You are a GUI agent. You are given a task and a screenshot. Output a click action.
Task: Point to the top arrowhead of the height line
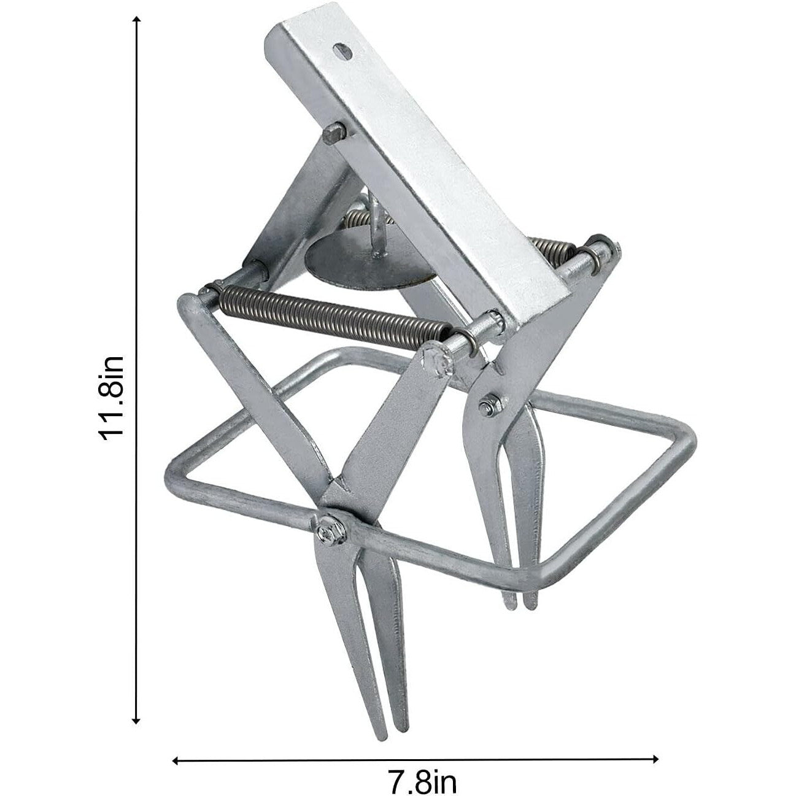[137, 21]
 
